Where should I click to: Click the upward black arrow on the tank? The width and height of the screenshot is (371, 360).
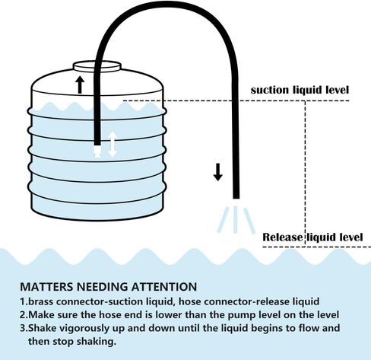point(80,84)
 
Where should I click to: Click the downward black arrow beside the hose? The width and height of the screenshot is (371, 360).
point(217,172)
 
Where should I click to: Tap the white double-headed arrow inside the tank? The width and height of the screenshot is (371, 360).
point(113,144)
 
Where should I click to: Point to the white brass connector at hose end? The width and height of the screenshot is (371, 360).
point(97,151)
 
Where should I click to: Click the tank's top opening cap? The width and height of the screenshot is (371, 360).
point(97,67)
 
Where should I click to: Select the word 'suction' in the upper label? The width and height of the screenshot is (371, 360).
point(270,90)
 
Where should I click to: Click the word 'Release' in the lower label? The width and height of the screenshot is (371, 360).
point(283,237)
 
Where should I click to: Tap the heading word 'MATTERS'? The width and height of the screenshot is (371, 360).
point(47,287)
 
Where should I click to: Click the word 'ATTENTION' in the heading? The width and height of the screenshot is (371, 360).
point(164,287)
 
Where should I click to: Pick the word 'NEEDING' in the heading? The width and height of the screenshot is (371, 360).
point(103,287)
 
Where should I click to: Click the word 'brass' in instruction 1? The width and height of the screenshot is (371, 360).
point(41,301)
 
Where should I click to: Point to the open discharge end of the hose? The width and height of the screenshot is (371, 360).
point(236,197)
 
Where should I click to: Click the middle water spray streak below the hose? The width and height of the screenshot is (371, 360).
point(236,220)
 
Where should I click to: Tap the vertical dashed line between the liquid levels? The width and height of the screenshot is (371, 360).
point(305,174)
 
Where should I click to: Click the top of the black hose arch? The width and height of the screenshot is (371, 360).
point(166,5)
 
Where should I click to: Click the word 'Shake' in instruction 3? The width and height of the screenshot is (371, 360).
point(42,328)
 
